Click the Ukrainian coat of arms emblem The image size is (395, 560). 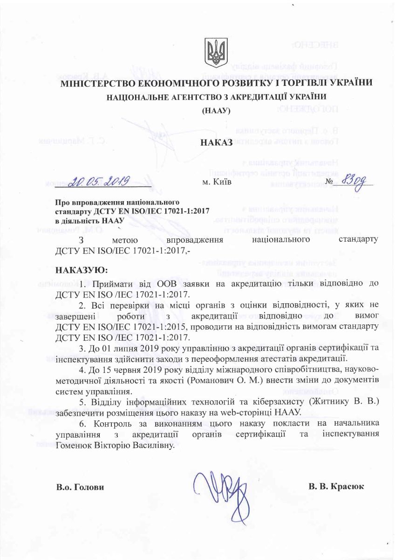click(x=216, y=53)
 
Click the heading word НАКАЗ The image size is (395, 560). click(x=216, y=143)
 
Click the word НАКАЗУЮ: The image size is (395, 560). click(x=81, y=270)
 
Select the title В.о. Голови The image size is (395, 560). click(x=80, y=487)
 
